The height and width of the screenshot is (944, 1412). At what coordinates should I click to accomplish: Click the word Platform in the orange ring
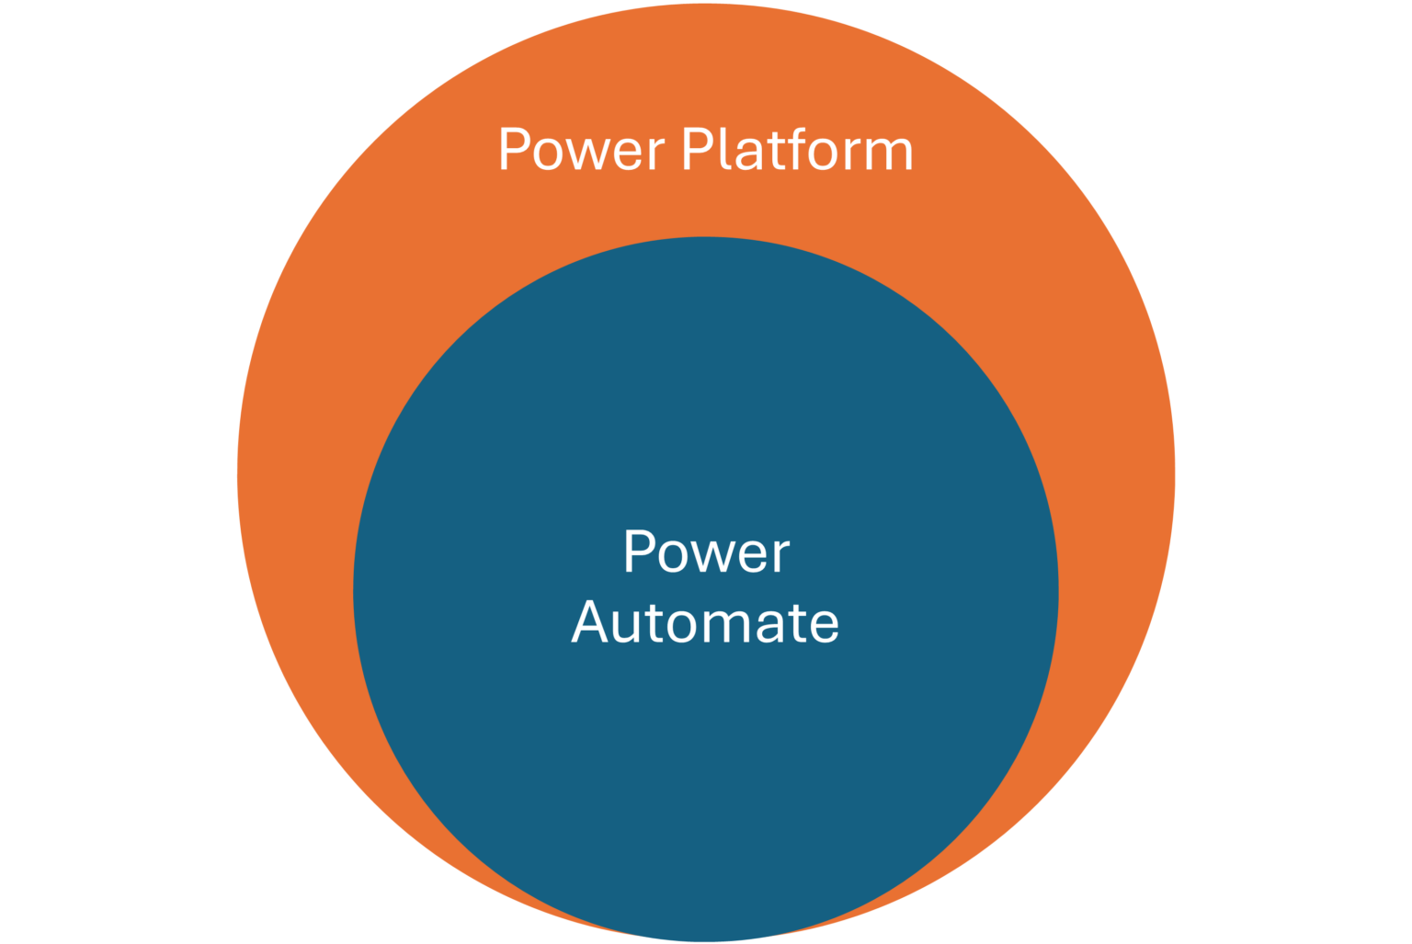pos(797,150)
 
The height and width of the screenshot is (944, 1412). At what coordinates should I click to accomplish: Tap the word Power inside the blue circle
pos(706,552)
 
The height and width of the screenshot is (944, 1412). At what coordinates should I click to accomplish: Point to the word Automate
pos(705,622)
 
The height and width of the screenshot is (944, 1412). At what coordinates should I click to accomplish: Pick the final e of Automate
pos(824,626)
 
